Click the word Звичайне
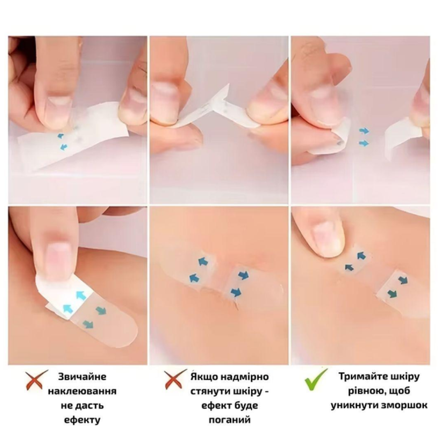click(x=82, y=377)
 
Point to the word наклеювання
click(x=82, y=391)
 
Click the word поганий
click(x=230, y=420)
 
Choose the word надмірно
click(x=244, y=377)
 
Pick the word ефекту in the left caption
click(x=82, y=420)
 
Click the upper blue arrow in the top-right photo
click(x=364, y=131)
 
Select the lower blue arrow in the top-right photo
click(x=364, y=143)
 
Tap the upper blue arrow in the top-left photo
click(x=60, y=136)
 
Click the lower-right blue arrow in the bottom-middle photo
click(x=236, y=292)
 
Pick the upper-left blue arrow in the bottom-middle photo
click(x=204, y=262)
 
